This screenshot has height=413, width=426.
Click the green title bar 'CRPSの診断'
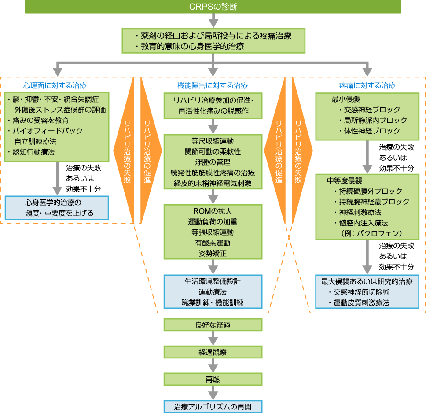pos(213,6)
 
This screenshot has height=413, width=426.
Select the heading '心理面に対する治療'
pos(55,85)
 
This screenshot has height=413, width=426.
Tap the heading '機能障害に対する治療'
pos(213,85)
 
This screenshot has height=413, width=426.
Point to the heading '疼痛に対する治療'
pos(367,85)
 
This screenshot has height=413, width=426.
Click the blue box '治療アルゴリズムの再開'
pos(213,406)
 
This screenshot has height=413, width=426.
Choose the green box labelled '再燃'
pos(213,379)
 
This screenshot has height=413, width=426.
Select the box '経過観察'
pos(213,352)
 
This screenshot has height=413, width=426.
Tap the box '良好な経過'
pos(213,325)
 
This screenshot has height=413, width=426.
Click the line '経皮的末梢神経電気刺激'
pos(213,183)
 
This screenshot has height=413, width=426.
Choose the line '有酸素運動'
pos(213,243)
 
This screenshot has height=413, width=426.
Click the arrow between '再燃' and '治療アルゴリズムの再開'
pos(213,393)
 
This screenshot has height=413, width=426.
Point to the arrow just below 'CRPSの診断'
pos(213,20)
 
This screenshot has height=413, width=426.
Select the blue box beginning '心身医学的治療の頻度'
pos(56,208)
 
